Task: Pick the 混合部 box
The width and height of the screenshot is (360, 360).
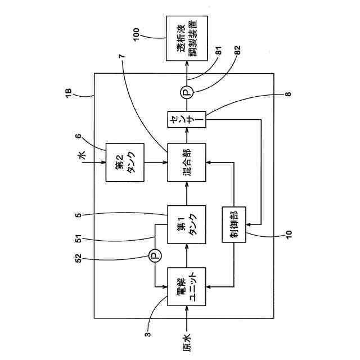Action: click(x=187, y=163)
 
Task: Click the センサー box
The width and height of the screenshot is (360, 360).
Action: click(x=187, y=120)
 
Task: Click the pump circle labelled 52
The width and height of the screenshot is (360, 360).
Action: click(x=154, y=256)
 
